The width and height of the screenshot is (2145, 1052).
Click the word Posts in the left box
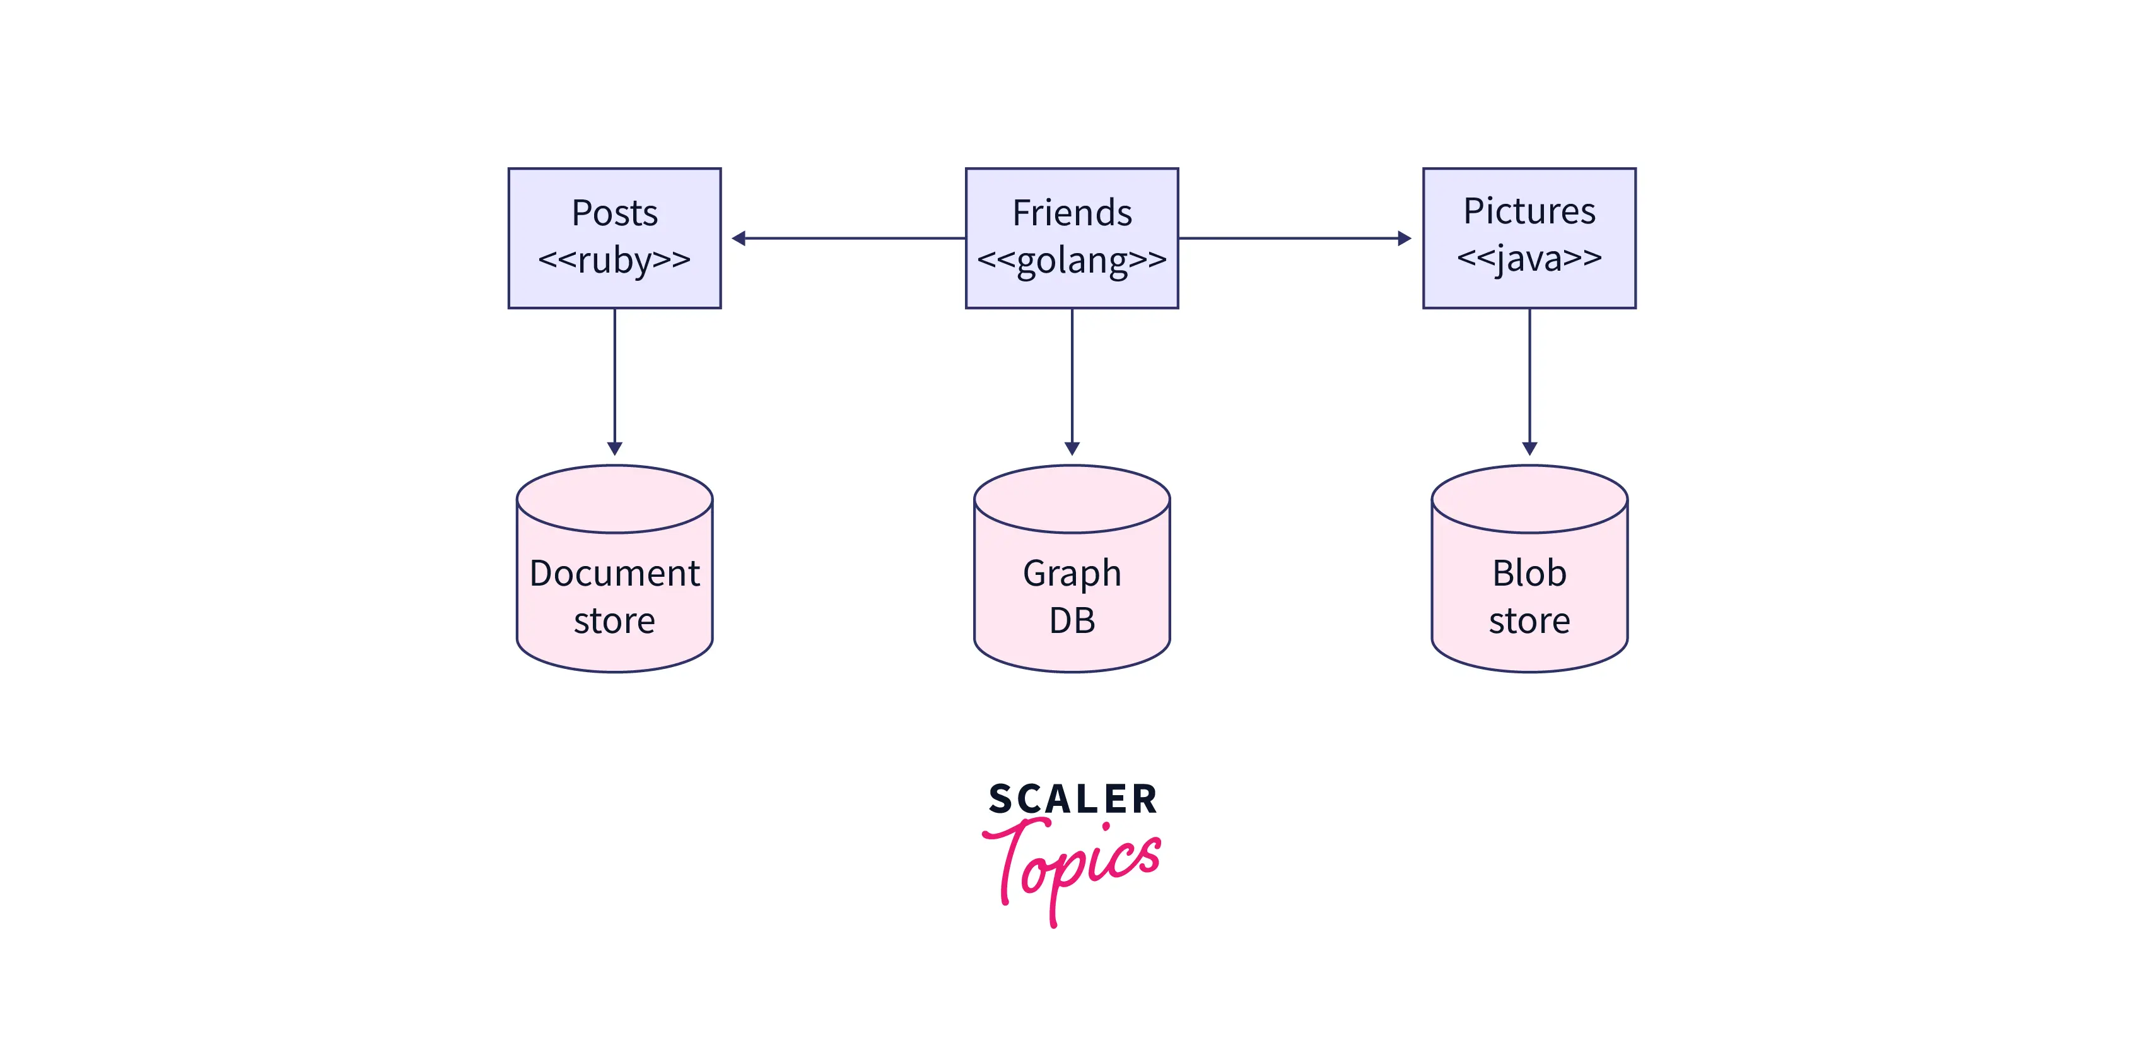(x=614, y=213)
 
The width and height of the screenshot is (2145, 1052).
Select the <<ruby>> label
(x=614, y=260)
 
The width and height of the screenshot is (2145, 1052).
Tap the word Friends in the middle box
(x=1072, y=213)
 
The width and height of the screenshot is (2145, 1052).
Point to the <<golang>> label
(x=1072, y=260)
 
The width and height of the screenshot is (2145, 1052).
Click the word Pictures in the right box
(x=1529, y=211)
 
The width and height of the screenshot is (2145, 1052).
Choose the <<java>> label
(x=1529, y=258)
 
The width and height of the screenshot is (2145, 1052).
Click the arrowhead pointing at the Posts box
(x=739, y=238)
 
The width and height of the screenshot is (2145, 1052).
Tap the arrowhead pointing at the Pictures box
(x=1405, y=238)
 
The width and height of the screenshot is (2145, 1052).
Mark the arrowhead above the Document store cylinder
(x=614, y=448)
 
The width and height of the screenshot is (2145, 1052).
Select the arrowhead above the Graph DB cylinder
(x=1072, y=448)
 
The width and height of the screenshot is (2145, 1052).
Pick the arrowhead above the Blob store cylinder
(x=1529, y=448)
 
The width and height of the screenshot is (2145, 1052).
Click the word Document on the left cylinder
(x=614, y=573)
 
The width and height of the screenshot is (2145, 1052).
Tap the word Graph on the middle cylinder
(x=1072, y=573)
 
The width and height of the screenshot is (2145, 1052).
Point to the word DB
(x=1072, y=620)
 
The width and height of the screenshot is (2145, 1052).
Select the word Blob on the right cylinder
(x=1529, y=573)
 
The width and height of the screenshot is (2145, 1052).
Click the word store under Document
(x=614, y=620)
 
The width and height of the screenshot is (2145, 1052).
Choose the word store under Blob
(x=1529, y=620)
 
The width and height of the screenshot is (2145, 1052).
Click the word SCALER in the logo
(x=1072, y=800)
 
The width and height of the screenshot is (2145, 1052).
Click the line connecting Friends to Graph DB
(x=1072, y=375)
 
